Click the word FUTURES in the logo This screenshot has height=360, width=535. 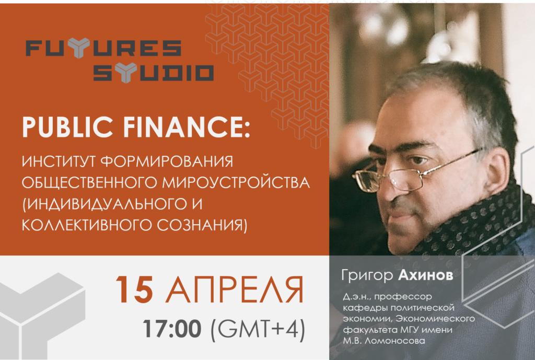[103, 48]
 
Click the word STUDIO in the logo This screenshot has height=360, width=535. [154, 73]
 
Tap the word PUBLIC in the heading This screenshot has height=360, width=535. [67, 127]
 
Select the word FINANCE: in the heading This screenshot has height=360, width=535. [187, 127]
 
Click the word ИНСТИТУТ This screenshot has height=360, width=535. [59, 161]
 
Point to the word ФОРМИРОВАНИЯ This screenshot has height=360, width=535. [167, 161]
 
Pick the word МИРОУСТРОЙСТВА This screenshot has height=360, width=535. [236, 182]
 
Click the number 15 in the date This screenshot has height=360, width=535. [134, 289]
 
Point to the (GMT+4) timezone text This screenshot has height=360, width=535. [258, 329]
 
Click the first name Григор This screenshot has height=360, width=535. [367, 275]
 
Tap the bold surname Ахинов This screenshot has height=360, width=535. [426, 275]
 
